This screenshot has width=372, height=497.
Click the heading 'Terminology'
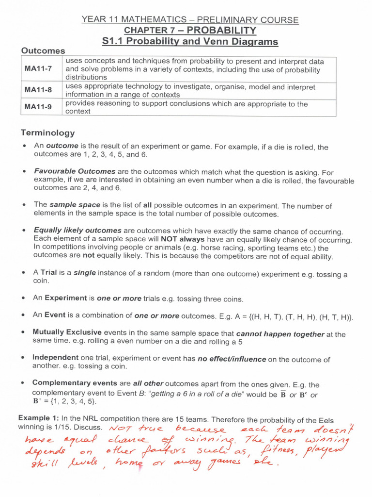point(47,133)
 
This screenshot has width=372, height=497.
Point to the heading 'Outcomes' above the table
point(43,50)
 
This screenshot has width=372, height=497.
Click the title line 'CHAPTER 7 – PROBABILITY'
point(190,31)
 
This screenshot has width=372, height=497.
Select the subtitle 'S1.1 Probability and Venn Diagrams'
point(190,42)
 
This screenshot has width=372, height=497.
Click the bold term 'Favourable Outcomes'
point(75,171)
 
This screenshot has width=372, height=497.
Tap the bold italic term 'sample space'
point(69,205)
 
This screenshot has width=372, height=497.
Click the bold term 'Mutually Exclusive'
point(67,332)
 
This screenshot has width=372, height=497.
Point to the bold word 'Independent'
point(55,358)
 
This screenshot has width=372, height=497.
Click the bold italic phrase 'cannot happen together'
point(280,334)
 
